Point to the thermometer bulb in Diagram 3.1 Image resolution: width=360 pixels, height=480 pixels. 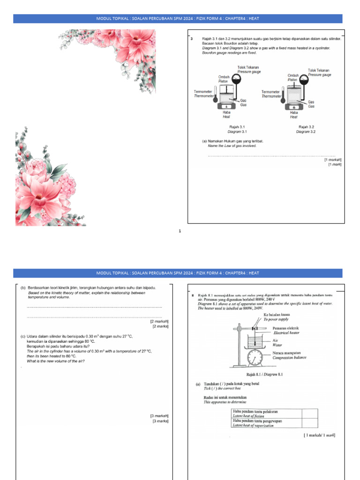coord(215,99)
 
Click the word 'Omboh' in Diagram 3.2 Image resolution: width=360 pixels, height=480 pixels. coord(293,75)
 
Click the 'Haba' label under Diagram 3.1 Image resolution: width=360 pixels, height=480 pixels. coord(226,112)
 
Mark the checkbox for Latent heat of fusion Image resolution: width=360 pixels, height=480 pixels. coord(308,412)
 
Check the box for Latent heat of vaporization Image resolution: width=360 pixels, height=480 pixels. coord(308,423)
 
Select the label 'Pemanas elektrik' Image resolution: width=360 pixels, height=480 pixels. coord(285,328)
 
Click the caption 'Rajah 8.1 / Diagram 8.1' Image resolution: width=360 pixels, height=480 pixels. coord(264,374)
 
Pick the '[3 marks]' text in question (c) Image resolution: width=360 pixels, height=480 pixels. coord(160,421)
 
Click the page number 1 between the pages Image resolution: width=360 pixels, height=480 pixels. coord(180,231)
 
